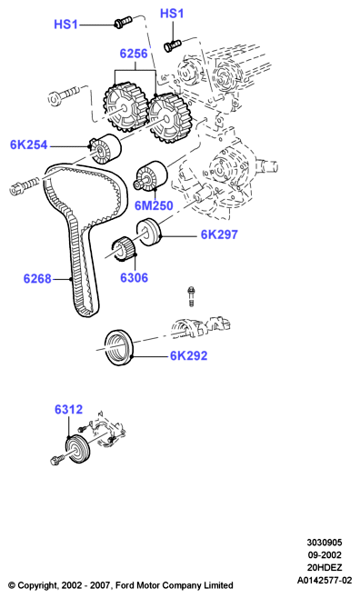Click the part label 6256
(x=134, y=54)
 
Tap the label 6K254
(x=28, y=145)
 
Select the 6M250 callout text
(x=154, y=206)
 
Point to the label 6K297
(x=219, y=234)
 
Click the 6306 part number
(x=134, y=278)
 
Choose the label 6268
(x=37, y=279)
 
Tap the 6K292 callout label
(x=189, y=356)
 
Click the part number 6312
(x=69, y=410)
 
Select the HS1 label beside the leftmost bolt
(x=66, y=25)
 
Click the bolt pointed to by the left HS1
(x=123, y=22)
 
